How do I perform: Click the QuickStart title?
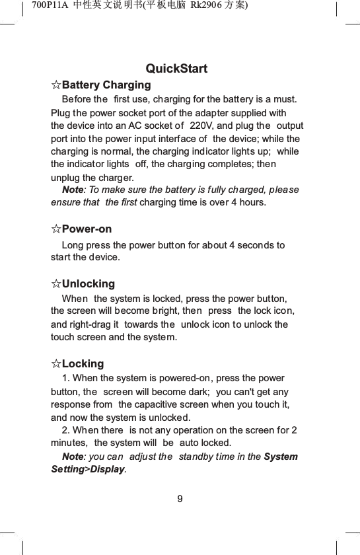coord(176,69)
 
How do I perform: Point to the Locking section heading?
coord(83,364)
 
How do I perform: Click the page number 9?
coord(180,498)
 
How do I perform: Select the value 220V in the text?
coord(202,126)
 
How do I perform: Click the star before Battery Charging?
coord(56,85)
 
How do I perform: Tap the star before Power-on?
coord(56,229)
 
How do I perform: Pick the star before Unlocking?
coord(56,284)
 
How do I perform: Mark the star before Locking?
coord(56,364)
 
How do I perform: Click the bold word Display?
coord(108,470)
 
